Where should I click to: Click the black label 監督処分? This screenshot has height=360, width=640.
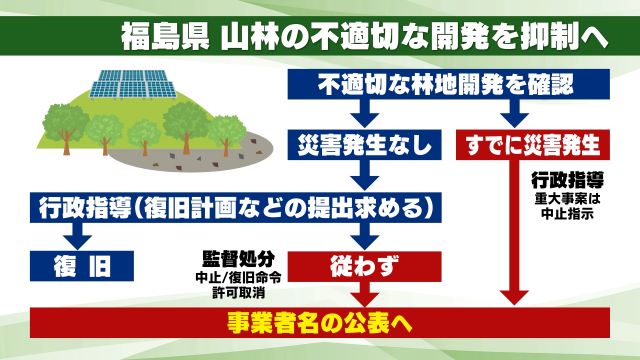[x=234, y=256]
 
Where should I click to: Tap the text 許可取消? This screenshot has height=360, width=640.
[x=233, y=290]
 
